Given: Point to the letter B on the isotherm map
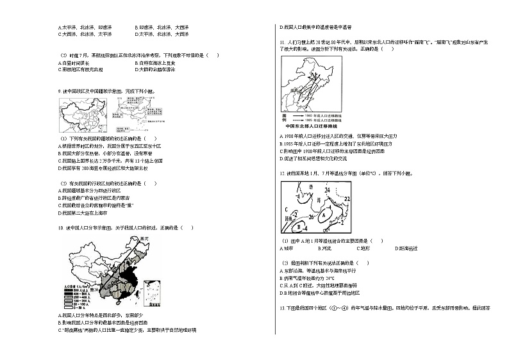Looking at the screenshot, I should pos(299,225).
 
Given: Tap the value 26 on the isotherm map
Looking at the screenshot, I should pos(312,217).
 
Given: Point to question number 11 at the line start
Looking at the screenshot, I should pos(282,41).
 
